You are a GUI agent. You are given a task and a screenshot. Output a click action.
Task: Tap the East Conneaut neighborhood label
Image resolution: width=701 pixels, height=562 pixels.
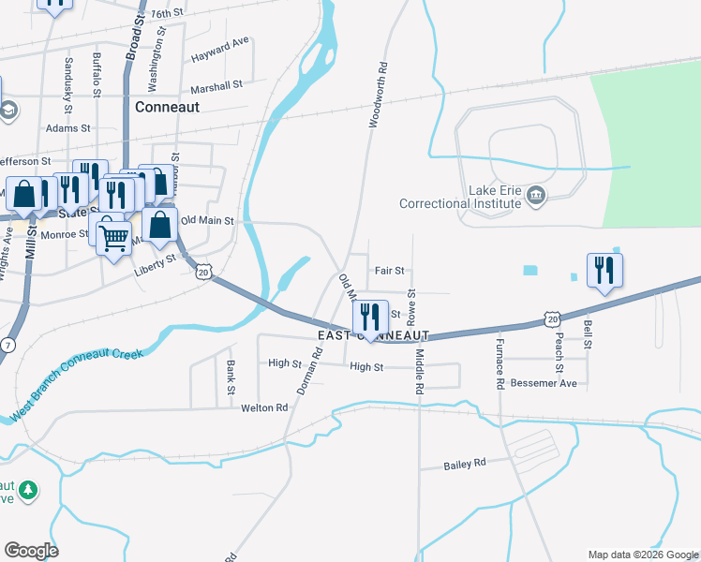click(373, 335)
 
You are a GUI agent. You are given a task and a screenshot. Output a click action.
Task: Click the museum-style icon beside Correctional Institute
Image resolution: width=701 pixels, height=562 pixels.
click(536, 195)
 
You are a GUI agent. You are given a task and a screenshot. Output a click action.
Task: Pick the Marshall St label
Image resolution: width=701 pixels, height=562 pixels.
click(216, 84)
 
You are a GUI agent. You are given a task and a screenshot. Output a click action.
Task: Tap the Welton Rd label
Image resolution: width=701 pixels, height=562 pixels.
click(264, 407)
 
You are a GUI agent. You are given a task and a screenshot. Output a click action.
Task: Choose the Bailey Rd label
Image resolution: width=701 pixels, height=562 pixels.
click(465, 464)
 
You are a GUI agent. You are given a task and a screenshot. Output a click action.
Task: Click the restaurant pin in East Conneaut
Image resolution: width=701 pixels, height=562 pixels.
click(369, 318)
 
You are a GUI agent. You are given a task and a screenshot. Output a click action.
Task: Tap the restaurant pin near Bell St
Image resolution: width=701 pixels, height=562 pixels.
click(604, 271)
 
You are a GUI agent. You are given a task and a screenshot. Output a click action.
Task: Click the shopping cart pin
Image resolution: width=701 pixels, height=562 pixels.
click(114, 239)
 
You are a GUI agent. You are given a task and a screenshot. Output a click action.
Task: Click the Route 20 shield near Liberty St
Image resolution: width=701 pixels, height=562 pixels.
click(203, 272)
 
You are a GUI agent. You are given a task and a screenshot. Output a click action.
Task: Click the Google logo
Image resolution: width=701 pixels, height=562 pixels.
click(32, 550)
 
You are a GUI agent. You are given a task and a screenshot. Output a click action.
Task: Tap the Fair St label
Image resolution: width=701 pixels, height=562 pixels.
click(389, 271)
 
